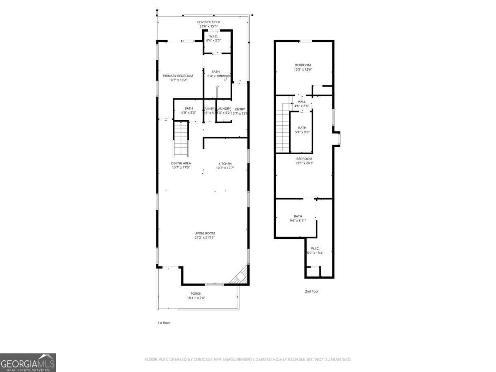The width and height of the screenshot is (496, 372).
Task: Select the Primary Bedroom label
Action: pos(178,76)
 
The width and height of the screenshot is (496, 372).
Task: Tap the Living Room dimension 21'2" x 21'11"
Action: pos(204,238)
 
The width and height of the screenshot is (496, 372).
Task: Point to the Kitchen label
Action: pos(225,163)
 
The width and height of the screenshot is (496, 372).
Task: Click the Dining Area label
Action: pos(181,163)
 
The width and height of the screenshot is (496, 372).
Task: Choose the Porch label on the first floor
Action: pos(196,293)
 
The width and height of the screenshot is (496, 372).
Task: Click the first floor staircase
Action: pos(181,138)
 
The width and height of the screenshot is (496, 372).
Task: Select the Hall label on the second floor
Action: pos(301,102)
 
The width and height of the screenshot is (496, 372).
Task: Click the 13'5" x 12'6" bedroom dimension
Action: pos(303,69)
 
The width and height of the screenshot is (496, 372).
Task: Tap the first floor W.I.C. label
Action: pos(214,36)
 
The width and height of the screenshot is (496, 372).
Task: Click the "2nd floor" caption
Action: pos(312,291)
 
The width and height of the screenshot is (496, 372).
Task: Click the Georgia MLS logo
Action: pos(28,362)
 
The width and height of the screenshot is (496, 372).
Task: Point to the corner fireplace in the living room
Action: pos(241,277)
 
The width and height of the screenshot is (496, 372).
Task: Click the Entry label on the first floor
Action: pos(240,109)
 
